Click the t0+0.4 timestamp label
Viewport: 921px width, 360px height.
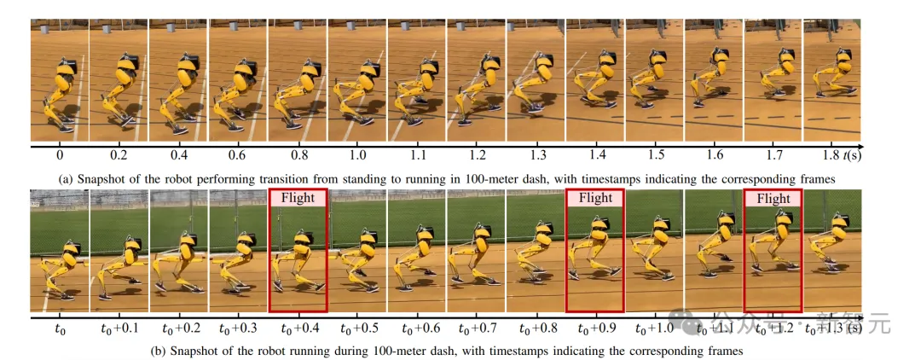[x=298, y=328]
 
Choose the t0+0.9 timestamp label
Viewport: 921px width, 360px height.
[x=594, y=328]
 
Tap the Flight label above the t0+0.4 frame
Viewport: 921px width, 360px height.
[x=298, y=198]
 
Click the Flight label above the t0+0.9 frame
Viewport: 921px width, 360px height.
[x=594, y=198]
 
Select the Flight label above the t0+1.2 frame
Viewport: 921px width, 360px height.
[x=773, y=198]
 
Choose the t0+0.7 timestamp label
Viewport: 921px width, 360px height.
[x=476, y=328]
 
